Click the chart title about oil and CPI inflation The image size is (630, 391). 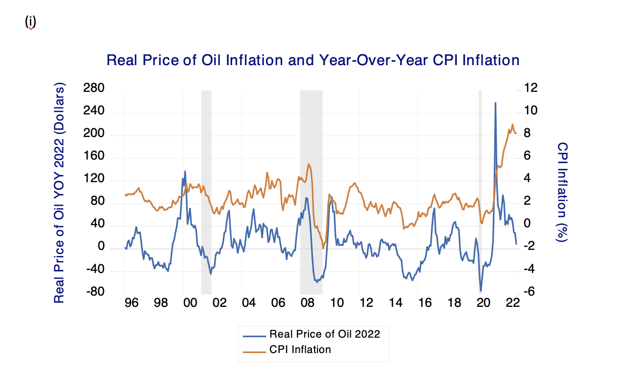(x=312, y=61)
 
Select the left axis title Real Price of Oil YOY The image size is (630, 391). (x=60, y=192)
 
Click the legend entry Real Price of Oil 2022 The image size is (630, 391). (x=324, y=334)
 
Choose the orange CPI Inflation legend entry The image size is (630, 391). (x=300, y=350)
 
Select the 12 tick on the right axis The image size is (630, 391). (x=530, y=89)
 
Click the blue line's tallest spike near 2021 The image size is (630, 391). (x=495, y=103)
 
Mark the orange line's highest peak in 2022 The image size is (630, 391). (x=512, y=124)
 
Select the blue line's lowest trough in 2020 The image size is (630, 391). (x=481, y=290)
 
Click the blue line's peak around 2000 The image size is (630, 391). (x=185, y=171)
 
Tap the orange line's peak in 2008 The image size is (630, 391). (x=308, y=164)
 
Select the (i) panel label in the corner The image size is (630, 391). (x=31, y=22)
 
